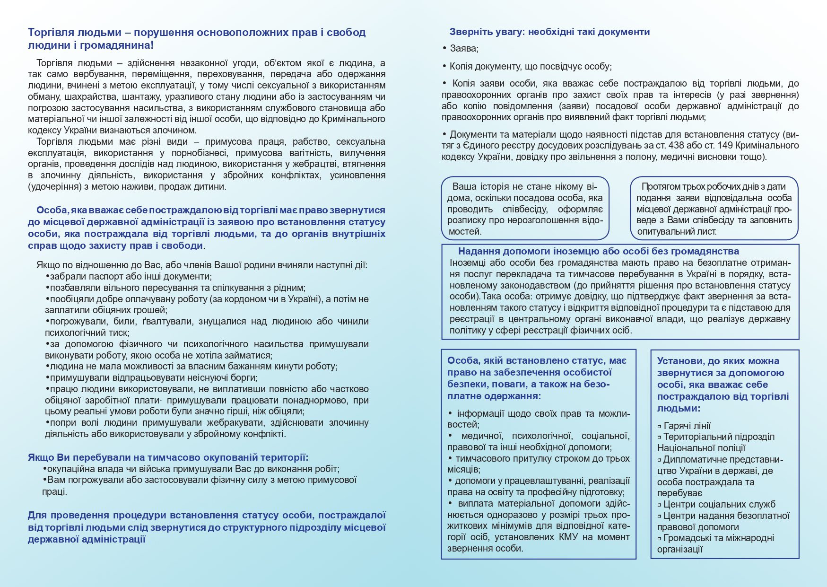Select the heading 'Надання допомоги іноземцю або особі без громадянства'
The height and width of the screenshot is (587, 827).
coord(598,252)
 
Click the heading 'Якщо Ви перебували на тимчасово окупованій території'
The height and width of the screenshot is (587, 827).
coord(168,458)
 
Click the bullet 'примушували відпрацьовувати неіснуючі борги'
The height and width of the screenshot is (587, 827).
coord(153,378)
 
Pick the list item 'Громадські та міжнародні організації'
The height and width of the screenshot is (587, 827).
coord(715,543)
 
